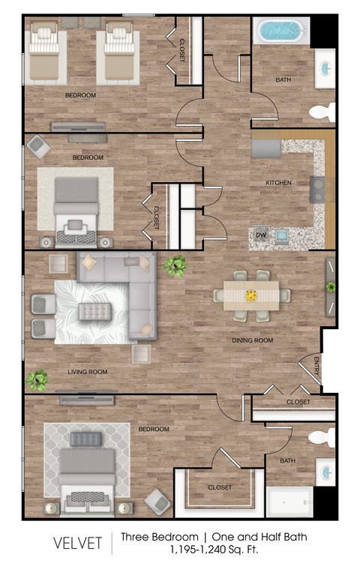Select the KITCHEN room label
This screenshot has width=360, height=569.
[277, 183]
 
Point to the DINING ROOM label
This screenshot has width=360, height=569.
[251, 340]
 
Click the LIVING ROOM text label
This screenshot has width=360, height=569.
[87, 372]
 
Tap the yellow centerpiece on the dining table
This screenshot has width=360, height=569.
[251, 295]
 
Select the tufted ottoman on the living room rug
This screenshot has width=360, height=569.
[95, 310]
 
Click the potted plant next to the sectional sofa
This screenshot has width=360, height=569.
[176, 265]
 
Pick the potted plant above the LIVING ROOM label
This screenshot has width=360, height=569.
[37, 380]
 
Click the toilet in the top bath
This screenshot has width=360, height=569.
[321, 113]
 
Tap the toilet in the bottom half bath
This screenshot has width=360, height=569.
[322, 438]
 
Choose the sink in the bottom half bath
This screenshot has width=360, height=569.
[325, 473]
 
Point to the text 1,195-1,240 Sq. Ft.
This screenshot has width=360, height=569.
[217, 550]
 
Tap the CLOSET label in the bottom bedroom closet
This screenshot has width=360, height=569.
[219, 488]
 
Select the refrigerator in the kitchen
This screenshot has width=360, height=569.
[265, 148]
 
